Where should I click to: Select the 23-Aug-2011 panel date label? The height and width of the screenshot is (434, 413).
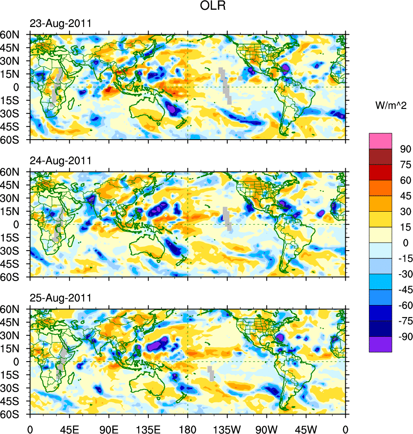point(60,24)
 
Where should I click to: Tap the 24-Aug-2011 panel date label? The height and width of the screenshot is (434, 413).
point(60,161)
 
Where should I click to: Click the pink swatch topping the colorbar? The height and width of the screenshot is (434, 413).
point(380,141)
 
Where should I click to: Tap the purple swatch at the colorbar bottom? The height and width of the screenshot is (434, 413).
point(380,344)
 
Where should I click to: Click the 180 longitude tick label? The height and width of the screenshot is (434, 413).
point(188,428)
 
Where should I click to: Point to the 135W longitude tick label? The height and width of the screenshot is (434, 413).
point(227,428)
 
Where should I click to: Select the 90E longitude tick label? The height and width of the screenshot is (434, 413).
point(108,428)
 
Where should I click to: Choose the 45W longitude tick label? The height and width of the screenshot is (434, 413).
point(306,428)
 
